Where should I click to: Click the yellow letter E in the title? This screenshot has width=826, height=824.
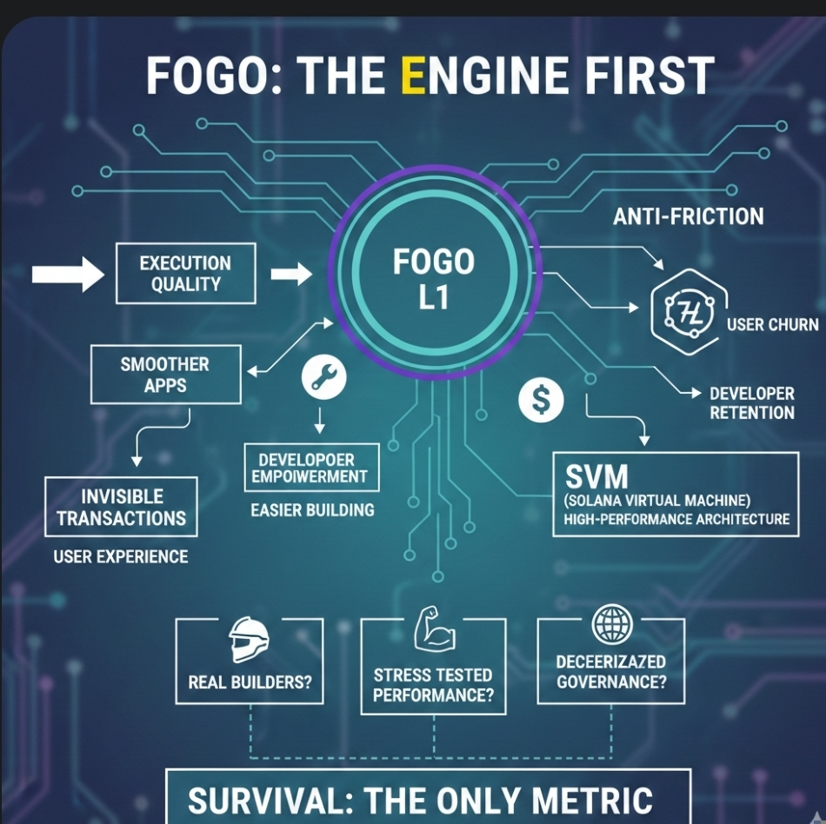[412, 76]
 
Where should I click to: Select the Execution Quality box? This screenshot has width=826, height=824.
[185, 274]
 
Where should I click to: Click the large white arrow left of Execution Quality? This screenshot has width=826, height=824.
[68, 275]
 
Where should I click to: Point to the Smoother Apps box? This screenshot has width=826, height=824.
[165, 375]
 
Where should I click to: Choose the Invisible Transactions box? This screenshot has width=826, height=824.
[122, 508]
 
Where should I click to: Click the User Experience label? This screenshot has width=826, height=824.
[121, 556]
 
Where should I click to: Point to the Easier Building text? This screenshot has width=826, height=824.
[313, 510]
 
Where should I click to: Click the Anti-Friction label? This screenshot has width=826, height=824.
[689, 216]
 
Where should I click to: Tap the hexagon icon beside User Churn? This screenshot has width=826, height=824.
[682, 311]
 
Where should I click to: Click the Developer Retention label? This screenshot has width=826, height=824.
[752, 403]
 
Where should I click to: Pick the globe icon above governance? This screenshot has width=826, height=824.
[611, 625]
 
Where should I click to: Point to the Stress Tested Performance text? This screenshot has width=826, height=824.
[433, 685]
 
